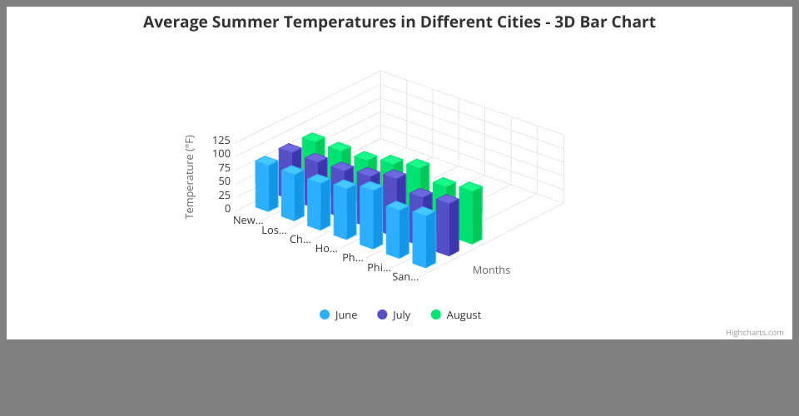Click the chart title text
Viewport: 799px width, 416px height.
point(399,22)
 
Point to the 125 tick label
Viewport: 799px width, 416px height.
point(221,140)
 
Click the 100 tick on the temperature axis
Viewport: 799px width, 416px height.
point(221,153)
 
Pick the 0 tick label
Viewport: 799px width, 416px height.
point(226,209)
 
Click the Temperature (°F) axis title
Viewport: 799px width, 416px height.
point(189,176)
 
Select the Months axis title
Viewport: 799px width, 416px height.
point(491,270)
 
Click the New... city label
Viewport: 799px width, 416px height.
point(248,220)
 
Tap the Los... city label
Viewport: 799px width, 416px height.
point(274,230)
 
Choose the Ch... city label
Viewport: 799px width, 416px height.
point(300,240)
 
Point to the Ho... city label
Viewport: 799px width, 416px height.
point(326,249)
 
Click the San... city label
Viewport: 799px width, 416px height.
point(405,277)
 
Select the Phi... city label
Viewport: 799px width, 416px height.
point(379,267)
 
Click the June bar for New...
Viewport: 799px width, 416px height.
point(266,185)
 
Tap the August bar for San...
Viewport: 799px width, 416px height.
point(470,214)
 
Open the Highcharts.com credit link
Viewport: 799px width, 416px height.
point(754,332)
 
